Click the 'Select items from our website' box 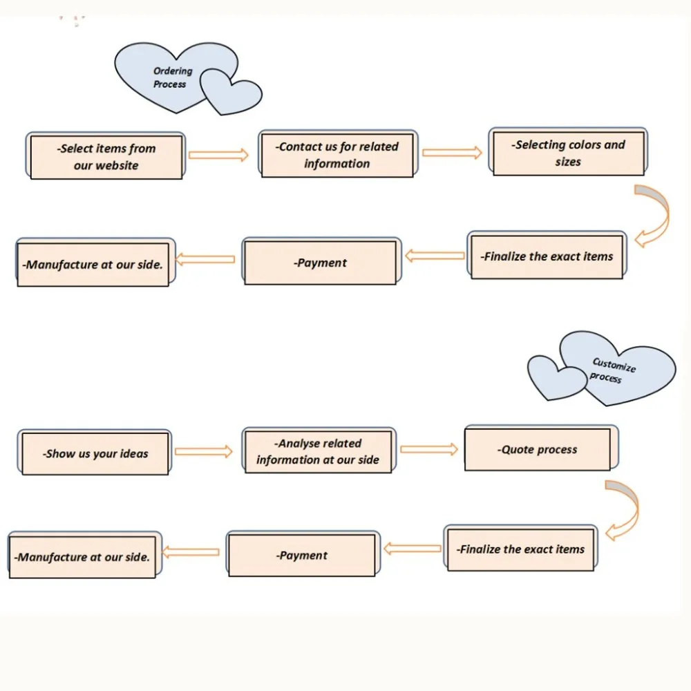(106, 155)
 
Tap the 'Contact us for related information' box (338, 154)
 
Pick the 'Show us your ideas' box (95, 452)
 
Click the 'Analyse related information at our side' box (319, 450)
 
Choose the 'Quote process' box (542, 448)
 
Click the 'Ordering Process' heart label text (172, 77)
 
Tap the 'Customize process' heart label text (612, 370)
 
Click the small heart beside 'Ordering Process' (231, 92)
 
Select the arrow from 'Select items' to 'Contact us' (218, 155)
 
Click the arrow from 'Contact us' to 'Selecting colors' (452, 153)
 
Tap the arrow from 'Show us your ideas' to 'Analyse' (204, 451)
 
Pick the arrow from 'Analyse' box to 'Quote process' (429, 449)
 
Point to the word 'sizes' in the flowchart (568, 162)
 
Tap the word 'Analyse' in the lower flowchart (297, 444)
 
